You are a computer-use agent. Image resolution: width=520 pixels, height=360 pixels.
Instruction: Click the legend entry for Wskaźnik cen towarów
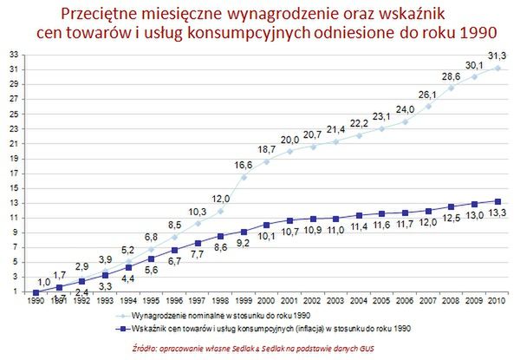pyautogui.click(x=260, y=329)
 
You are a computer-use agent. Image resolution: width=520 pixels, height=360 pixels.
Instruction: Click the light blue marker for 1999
pyautogui.click(x=244, y=176)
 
